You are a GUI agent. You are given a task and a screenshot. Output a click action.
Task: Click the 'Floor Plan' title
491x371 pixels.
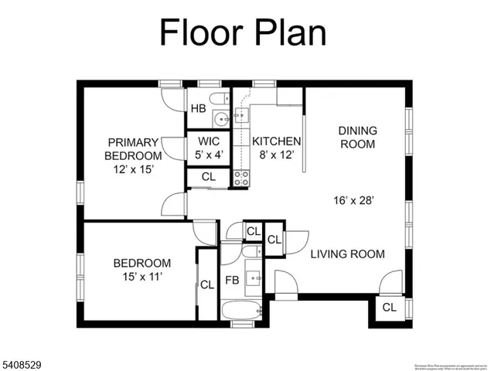point(243,34)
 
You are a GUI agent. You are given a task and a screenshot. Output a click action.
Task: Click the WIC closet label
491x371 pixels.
point(209,141)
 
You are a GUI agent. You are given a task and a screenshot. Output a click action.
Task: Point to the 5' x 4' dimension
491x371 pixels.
point(209,155)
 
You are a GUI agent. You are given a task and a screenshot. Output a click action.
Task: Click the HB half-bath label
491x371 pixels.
point(199,108)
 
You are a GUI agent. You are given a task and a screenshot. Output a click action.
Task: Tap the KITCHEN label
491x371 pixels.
point(276,141)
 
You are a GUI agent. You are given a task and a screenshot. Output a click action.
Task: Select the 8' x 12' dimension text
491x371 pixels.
point(276,155)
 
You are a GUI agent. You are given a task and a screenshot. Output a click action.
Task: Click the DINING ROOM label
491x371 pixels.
point(356,137)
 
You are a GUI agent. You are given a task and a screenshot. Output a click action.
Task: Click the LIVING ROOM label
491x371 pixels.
point(347,254)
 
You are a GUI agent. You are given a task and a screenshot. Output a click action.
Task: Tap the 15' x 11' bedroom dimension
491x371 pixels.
point(142,275)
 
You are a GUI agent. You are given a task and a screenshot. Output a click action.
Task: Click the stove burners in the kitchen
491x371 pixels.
point(241,179)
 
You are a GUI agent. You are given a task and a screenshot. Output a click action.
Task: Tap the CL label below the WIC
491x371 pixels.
point(209,177)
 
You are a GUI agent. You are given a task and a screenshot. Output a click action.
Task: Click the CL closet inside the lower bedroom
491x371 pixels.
point(207,284)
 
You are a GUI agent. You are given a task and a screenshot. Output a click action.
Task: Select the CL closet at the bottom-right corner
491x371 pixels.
point(389,308)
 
